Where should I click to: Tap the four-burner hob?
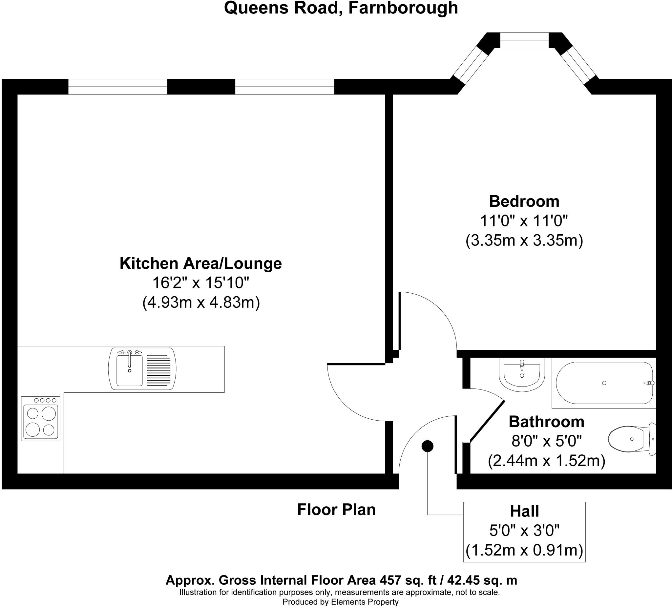(40, 419)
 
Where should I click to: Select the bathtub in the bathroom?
(604, 383)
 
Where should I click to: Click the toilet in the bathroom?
(632, 439)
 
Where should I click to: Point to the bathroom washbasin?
(522, 374)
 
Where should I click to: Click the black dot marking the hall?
(427, 446)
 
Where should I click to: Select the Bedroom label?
(524, 201)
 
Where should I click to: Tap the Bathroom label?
(546, 422)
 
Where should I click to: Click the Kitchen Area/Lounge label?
(201, 264)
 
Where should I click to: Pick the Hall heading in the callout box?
(524, 511)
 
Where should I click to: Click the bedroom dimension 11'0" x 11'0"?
(524, 221)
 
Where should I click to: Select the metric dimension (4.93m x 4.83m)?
(201, 303)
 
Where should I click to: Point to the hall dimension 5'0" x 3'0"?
(524, 530)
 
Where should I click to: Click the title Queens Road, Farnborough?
(341, 8)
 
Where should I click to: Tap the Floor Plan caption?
(336, 510)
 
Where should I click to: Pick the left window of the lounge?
(118, 87)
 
